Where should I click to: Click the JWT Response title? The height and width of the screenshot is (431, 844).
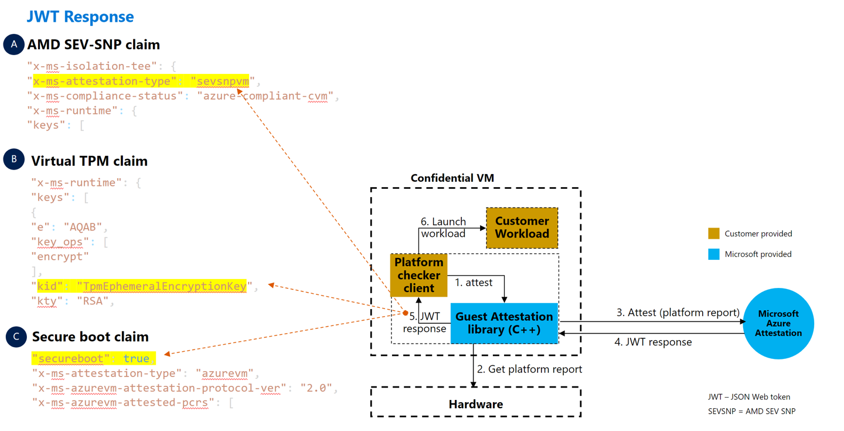(x=80, y=16)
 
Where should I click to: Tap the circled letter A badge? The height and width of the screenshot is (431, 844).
(x=13, y=45)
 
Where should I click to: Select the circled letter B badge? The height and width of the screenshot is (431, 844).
(x=13, y=159)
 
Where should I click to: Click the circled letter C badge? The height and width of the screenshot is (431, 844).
(x=16, y=337)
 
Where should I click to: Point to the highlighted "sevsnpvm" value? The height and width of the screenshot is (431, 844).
(x=223, y=81)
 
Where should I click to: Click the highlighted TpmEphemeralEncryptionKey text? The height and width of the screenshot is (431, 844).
(x=164, y=286)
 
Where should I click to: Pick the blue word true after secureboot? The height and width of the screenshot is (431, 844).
(x=136, y=358)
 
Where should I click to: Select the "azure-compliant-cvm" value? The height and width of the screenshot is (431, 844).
(x=265, y=96)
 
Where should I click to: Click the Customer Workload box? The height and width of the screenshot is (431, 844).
(x=522, y=228)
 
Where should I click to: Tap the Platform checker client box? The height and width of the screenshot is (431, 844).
(x=418, y=275)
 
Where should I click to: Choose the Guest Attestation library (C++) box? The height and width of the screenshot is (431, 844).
(x=504, y=323)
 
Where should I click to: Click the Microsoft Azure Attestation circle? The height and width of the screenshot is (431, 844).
(x=778, y=323)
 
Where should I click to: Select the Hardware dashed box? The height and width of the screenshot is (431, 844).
(x=475, y=403)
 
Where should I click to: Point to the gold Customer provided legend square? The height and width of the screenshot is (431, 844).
(x=713, y=233)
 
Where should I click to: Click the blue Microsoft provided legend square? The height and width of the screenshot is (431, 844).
(x=713, y=254)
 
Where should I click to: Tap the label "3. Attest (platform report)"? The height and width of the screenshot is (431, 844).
(x=678, y=313)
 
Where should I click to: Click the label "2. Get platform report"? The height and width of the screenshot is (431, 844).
(x=529, y=369)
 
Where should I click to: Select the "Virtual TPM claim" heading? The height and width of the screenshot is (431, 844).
(x=89, y=161)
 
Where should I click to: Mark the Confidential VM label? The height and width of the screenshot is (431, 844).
(x=452, y=178)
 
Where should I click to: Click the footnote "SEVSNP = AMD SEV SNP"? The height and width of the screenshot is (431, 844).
(x=751, y=411)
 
